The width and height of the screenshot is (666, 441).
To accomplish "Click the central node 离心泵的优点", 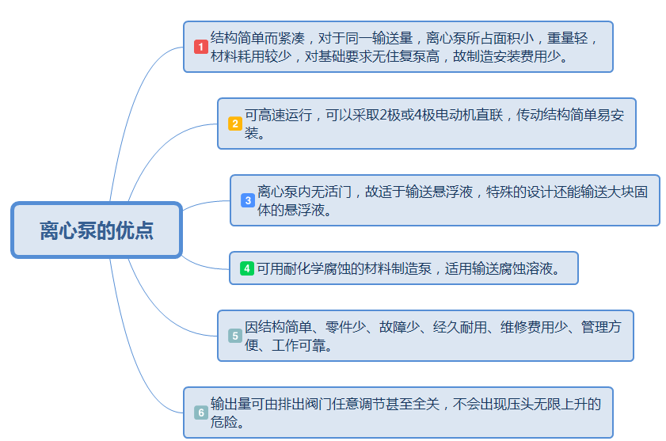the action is point(97,230).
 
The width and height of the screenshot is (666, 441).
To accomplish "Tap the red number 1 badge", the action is point(200,47).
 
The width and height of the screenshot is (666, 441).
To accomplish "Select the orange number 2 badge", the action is point(235,124).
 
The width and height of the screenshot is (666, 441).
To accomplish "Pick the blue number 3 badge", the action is point(248,200).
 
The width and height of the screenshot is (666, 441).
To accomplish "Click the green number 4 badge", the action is point(247,268).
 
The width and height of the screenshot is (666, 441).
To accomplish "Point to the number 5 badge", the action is point(235,336).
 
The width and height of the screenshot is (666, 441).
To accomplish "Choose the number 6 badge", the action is point(201,412).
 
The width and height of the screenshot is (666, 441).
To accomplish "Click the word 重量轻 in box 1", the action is point(567,38).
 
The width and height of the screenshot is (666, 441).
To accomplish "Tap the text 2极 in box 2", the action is point(386,115).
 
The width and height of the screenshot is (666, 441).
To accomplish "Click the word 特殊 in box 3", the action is point(500,192).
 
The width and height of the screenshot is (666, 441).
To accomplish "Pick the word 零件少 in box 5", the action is point(345,327).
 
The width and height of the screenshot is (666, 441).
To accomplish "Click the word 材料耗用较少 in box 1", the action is point(251,56).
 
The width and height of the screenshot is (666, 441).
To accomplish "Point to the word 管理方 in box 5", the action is point(601,327).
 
